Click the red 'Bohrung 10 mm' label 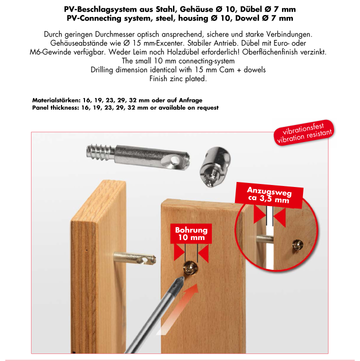pyautogui.click(x=191, y=234)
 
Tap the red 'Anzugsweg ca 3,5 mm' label pyautogui.click(x=268, y=195)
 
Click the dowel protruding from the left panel pyautogui.click(x=132, y=259)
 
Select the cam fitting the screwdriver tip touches pyautogui.click(x=191, y=269)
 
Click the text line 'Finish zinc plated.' pyautogui.click(x=178, y=79)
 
